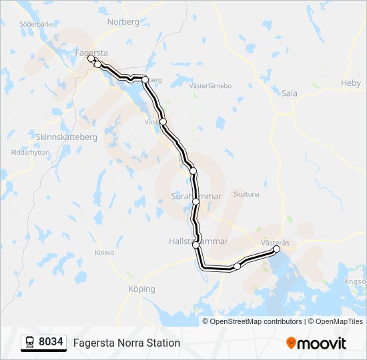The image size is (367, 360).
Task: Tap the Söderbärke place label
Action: tap(37, 23)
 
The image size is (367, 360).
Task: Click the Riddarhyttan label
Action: tap(31, 152)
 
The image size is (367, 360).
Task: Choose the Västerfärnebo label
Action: tap(210, 86)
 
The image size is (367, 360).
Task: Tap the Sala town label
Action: tap(289, 93)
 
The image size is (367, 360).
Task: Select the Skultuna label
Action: tap(246, 194)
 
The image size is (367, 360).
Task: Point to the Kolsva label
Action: tap(105, 253)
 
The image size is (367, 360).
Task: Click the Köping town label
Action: tap(141, 289)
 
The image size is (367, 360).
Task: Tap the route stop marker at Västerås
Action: tap(277, 249)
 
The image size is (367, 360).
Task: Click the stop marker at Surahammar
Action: tap(196, 201)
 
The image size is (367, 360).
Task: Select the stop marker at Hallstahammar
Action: tap(196, 245)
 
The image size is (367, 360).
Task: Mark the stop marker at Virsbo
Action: tap(163, 121)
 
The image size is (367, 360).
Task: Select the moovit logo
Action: tap(316, 343)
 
